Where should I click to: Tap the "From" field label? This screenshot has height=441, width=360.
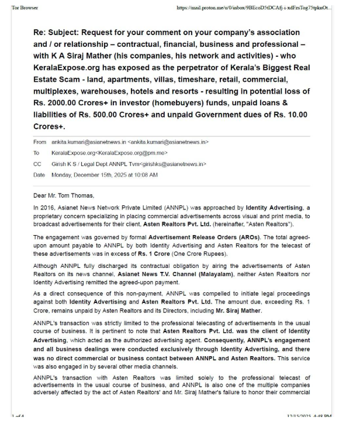40,142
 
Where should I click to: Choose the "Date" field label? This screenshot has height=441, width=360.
40,175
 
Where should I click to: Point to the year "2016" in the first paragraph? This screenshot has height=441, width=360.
47,207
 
